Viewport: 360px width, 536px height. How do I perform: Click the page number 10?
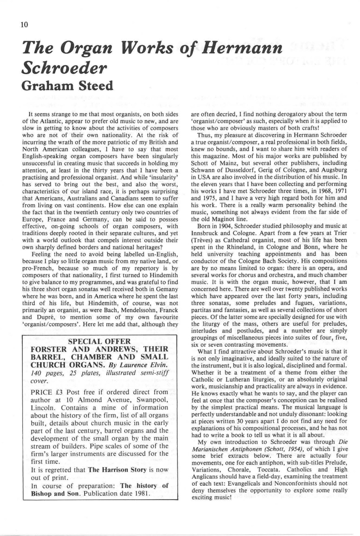click(x=24, y=25)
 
